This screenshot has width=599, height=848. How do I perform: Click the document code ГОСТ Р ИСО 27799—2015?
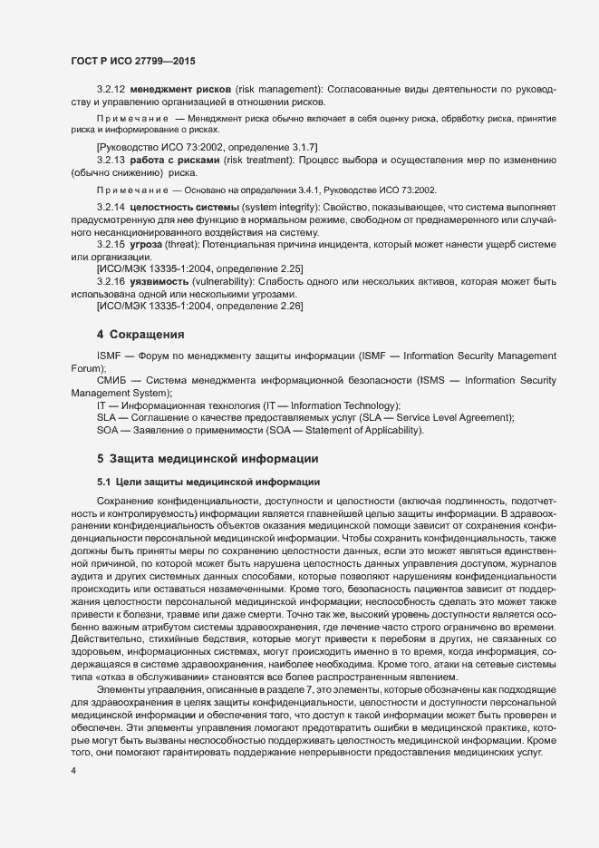[x=133, y=61]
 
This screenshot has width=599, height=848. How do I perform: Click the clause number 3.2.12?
[x=110, y=91]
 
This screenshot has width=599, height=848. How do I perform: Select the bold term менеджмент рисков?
[x=180, y=91]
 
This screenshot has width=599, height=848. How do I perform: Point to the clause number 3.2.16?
[x=110, y=283]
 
